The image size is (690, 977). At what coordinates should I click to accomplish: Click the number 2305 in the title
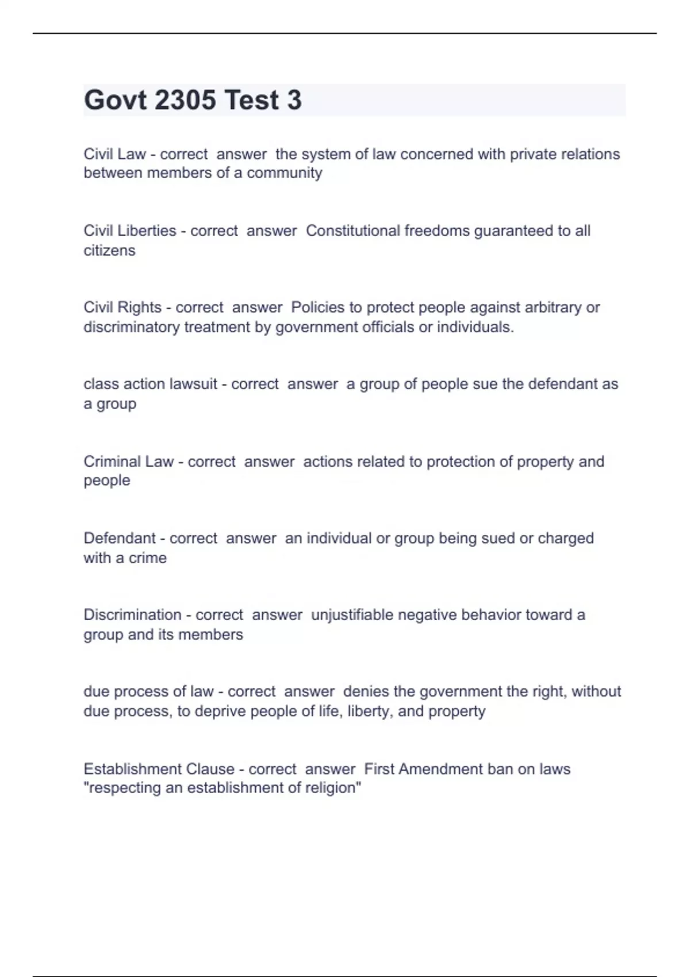click(x=185, y=100)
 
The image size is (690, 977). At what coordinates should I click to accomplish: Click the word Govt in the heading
click(x=116, y=100)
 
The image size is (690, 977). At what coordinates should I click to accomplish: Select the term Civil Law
click(x=114, y=154)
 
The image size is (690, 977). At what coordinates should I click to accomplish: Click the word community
click(x=284, y=173)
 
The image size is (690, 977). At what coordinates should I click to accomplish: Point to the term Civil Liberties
click(x=130, y=230)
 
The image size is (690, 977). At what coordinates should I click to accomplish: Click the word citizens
click(x=109, y=251)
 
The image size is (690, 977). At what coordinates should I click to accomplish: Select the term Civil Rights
click(x=122, y=307)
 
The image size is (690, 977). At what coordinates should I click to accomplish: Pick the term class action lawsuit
click(x=150, y=384)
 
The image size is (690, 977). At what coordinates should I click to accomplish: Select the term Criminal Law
click(x=128, y=461)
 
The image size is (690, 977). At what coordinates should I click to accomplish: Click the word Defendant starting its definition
click(x=120, y=538)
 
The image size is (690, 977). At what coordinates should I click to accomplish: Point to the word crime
click(x=148, y=558)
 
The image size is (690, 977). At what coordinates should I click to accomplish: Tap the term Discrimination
click(x=132, y=615)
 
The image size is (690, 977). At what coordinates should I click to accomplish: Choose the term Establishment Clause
click(x=159, y=769)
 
